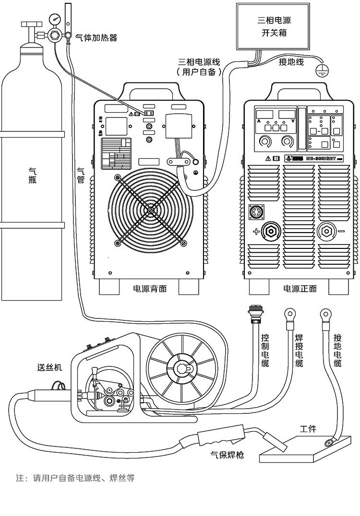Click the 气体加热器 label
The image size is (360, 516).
point(96,37)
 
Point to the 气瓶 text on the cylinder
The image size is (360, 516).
point(33,176)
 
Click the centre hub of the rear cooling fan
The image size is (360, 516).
point(151,210)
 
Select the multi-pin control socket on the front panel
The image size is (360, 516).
point(256,211)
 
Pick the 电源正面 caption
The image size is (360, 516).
point(300,289)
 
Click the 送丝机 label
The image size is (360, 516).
point(49,368)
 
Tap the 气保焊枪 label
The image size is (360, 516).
point(227,454)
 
